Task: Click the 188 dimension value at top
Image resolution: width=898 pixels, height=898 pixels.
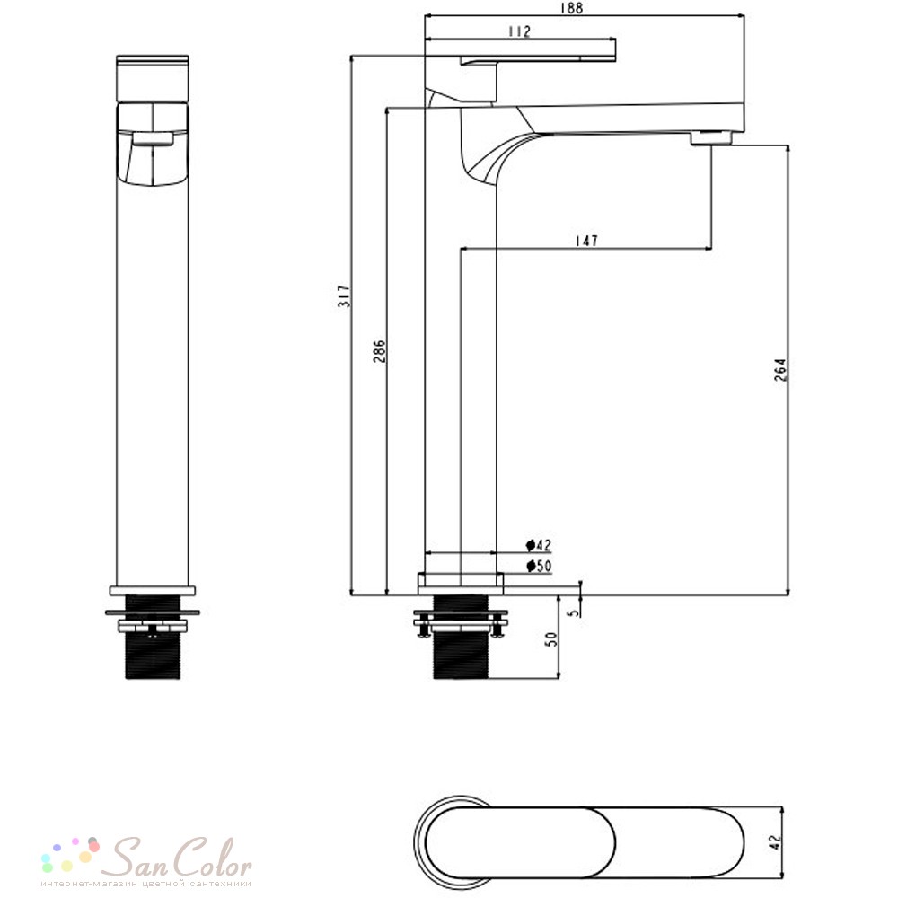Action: (x=571, y=8)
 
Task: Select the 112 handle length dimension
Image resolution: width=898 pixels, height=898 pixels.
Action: (x=519, y=31)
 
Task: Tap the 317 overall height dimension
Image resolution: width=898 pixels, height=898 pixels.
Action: (x=344, y=295)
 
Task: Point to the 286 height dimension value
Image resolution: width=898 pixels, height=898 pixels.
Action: (x=379, y=351)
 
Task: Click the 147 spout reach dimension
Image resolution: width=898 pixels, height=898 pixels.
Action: (x=586, y=241)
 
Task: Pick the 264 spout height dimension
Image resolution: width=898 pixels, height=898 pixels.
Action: (x=780, y=370)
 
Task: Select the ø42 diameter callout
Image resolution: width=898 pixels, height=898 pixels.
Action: (x=539, y=545)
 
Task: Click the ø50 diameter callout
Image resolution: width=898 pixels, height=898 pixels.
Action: (x=539, y=567)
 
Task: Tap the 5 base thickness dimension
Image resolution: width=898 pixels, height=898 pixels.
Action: (x=573, y=612)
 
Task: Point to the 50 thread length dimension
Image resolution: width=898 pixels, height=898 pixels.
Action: (x=550, y=639)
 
